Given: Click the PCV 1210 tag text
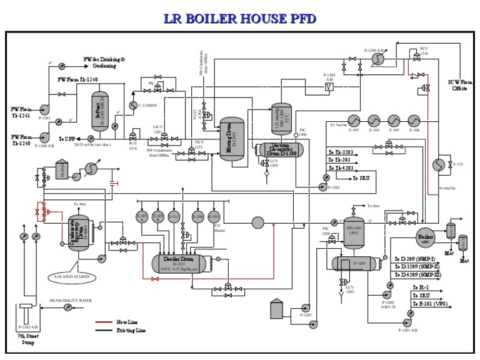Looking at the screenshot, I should point(424,51).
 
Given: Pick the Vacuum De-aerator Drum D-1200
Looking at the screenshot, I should point(277,149).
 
